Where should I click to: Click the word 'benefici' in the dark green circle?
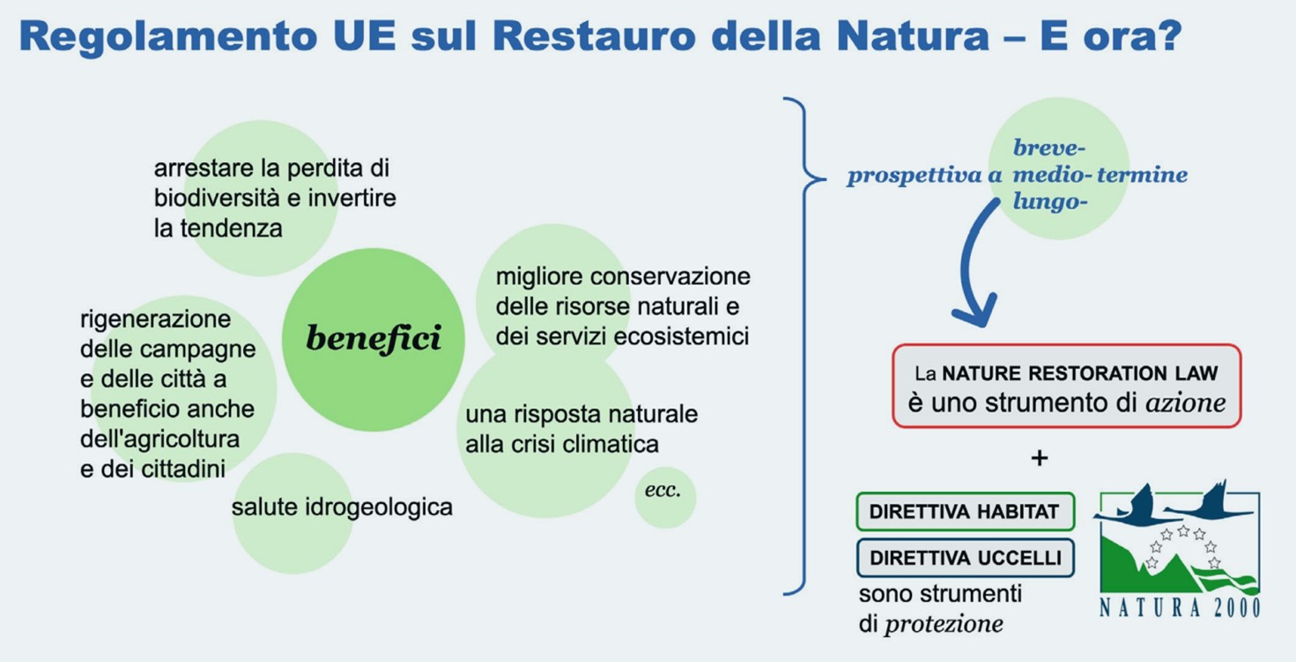pos(374,338)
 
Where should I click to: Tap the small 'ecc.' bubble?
pos(665,498)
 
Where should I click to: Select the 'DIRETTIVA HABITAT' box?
pos(965,511)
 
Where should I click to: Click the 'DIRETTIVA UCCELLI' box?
pos(965,558)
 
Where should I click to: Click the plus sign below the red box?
pos(1039,458)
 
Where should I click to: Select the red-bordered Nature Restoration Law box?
pos(1066,386)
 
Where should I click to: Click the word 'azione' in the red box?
pos(1186,403)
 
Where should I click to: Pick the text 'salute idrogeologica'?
pos(342,508)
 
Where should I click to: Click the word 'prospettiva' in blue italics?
pos(915,175)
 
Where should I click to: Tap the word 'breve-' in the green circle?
pos(1049,148)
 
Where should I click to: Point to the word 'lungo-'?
pos(1050,202)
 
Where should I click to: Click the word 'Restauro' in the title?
pos(595,36)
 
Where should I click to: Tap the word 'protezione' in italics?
pos(944,624)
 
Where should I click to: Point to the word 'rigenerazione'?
pos(156,320)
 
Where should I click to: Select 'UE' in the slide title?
pos(365,36)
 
